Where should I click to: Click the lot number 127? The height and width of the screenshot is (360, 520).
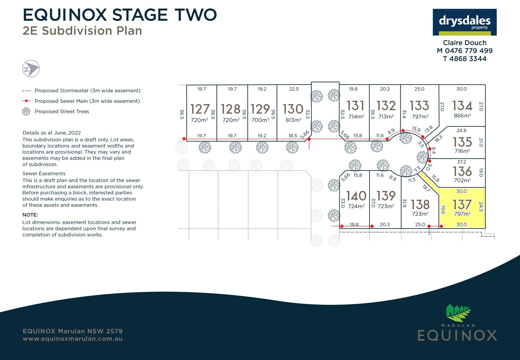[x=200, y=109]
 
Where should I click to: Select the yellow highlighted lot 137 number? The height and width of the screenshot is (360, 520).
[x=462, y=204]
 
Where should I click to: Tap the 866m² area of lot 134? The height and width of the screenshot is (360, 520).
[x=462, y=116]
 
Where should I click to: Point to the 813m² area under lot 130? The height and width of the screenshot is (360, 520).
[x=293, y=120]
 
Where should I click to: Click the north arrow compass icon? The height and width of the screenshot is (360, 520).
[x=31, y=68]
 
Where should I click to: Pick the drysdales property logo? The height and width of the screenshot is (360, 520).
[x=464, y=22]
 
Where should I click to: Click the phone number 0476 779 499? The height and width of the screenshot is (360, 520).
[x=469, y=51]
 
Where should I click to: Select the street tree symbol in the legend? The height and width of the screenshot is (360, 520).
[x=26, y=112]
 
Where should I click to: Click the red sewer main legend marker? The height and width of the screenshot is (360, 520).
[x=26, y=101]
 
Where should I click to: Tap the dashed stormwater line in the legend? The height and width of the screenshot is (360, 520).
[x=26, y=91]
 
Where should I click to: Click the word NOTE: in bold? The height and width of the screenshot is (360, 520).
[x=30, y=215]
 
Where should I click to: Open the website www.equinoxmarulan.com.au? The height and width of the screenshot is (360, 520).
[x=73, y=339]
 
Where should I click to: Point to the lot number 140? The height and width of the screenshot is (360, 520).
[x=356, y=196]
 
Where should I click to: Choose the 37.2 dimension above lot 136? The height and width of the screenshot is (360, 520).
[x=461, y=162]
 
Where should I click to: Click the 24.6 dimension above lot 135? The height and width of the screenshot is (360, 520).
[x=461, y=130]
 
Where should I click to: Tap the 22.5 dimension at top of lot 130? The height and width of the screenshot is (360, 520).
[x=294, y=89]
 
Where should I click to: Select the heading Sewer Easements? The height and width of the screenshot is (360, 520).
[x=44, y=174]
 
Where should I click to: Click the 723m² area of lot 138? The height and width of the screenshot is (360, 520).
[x=420, y=214]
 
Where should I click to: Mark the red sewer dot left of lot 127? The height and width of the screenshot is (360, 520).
[x=184, y=139]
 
